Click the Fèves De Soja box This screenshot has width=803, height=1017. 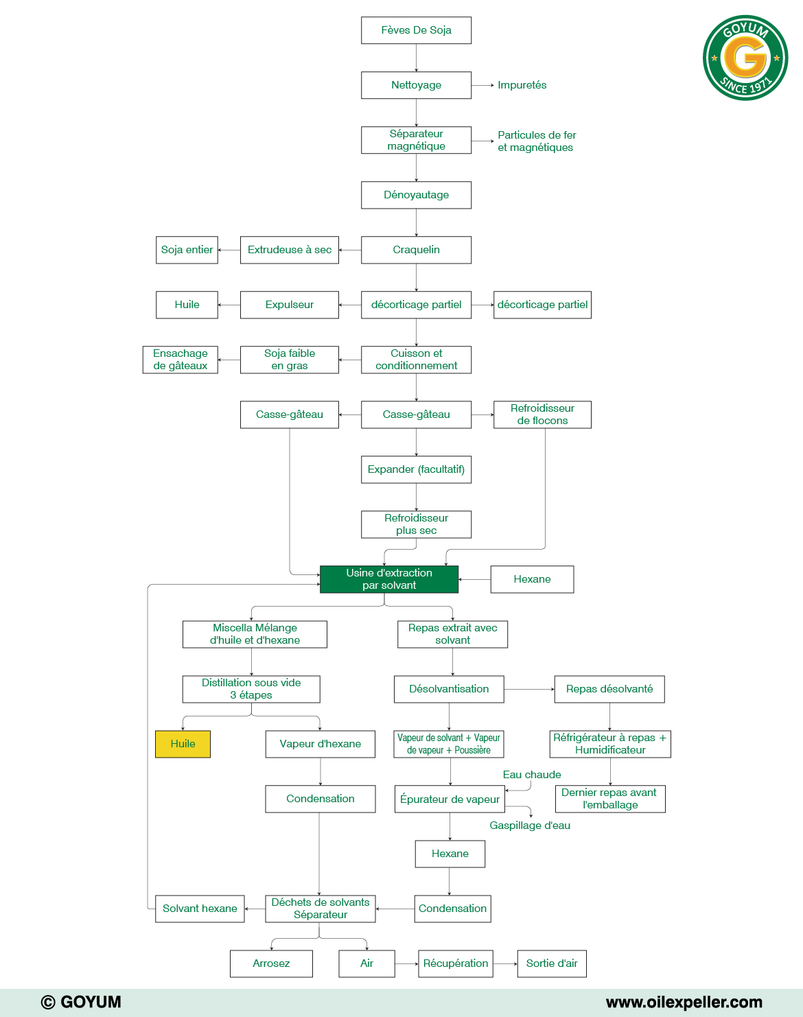coord(416,30)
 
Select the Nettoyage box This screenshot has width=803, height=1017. coord(416,85)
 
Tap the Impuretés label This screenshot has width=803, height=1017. coord(522,85)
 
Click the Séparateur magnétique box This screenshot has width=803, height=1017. coord(416,140)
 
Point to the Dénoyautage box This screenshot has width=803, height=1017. coord(416,195)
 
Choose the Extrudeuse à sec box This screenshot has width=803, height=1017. coord(289,250)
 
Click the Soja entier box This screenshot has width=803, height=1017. coord(187,250)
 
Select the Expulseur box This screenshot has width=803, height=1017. coord(289,305)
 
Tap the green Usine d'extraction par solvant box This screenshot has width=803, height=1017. coord(388,579)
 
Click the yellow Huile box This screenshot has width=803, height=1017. coord(183,744)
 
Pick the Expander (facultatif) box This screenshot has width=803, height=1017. coord(416,469)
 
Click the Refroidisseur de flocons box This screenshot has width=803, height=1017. coord(542,414)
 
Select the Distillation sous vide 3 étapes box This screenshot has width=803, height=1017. coord(251,689)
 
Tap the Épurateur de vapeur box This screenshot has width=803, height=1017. coord(450,799)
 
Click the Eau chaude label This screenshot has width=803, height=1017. coord(532,775)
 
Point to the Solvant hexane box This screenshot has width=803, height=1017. coord(200,909)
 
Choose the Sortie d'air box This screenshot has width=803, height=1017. coord(551,963)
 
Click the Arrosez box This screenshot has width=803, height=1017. coord(271,963)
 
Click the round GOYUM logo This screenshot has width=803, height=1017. coord(745,58)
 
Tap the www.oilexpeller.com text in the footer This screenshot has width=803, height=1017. coord(684,1002)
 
